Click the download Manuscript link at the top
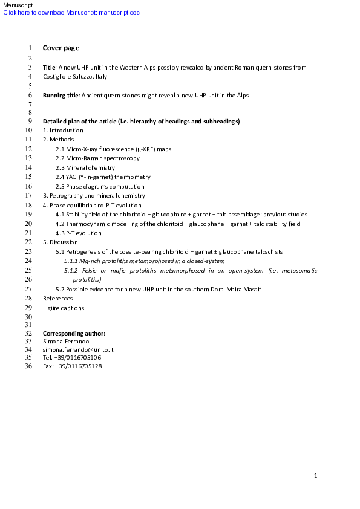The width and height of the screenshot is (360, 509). point(71,13)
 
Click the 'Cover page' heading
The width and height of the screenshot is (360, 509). point(61,48)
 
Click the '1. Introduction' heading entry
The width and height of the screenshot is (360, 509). point(63,131)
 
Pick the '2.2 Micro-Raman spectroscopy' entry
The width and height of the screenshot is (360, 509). point(97,158)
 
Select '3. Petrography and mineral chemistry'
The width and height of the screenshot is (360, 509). point(94,196)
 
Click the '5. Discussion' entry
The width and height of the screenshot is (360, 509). point(60,242)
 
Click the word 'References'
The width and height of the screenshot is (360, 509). point(57,299)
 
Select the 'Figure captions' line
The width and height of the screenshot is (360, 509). point(64,308)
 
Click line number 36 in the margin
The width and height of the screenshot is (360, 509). point(28,366)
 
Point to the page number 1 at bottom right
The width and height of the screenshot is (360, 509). point(316,476)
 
